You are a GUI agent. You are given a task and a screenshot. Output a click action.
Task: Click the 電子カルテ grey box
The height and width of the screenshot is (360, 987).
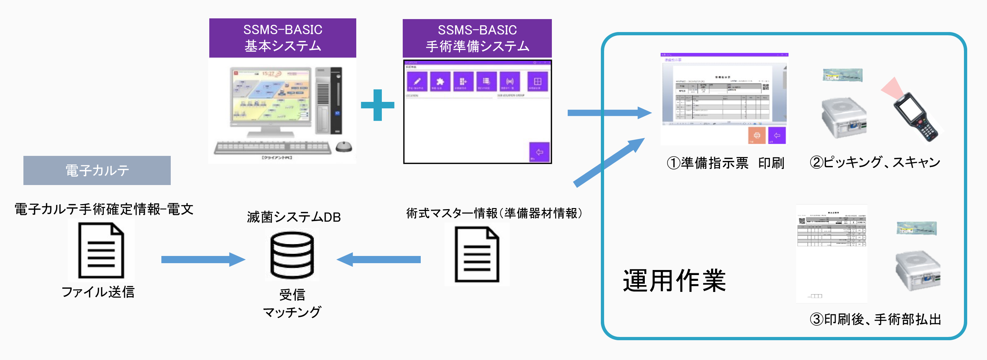(97, 170)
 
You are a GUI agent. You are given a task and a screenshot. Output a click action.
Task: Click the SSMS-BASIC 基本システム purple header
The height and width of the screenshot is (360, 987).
(282, 38)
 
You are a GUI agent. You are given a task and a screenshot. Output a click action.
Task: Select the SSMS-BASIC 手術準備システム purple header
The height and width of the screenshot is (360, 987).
(477, 38)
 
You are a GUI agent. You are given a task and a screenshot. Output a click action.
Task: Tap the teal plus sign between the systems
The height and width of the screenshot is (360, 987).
(378, 105)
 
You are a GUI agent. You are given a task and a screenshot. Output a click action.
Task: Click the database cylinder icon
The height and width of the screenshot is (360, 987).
(292, 255)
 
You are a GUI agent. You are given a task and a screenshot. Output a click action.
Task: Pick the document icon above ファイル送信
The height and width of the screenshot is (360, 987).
(101, 251)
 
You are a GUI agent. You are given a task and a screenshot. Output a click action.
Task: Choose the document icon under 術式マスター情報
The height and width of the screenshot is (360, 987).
(477, 255)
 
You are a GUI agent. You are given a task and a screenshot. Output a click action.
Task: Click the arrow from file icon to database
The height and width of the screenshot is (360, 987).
(203, 260)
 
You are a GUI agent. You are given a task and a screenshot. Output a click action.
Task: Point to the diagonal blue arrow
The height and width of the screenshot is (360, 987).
(609, 162)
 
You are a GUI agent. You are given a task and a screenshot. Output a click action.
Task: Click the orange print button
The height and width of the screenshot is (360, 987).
(757, 135)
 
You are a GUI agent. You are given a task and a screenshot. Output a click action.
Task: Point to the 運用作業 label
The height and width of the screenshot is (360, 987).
(674, 281)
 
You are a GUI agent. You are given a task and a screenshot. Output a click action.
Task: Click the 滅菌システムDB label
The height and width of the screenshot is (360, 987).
(294, 217)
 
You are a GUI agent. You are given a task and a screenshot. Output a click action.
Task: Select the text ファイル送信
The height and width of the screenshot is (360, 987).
(98, 292)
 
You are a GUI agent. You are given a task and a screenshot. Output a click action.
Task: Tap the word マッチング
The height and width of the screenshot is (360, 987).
(292, 312)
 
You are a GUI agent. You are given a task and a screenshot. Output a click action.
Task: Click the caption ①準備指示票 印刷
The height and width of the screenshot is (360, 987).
(725, 163)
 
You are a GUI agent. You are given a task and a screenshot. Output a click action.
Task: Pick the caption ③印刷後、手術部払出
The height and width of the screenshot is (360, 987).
(875, 319)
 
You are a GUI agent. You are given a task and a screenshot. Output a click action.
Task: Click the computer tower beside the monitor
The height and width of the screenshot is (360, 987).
(329, 100)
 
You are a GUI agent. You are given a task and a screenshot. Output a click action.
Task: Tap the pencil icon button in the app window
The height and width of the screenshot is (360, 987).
(417, 82)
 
